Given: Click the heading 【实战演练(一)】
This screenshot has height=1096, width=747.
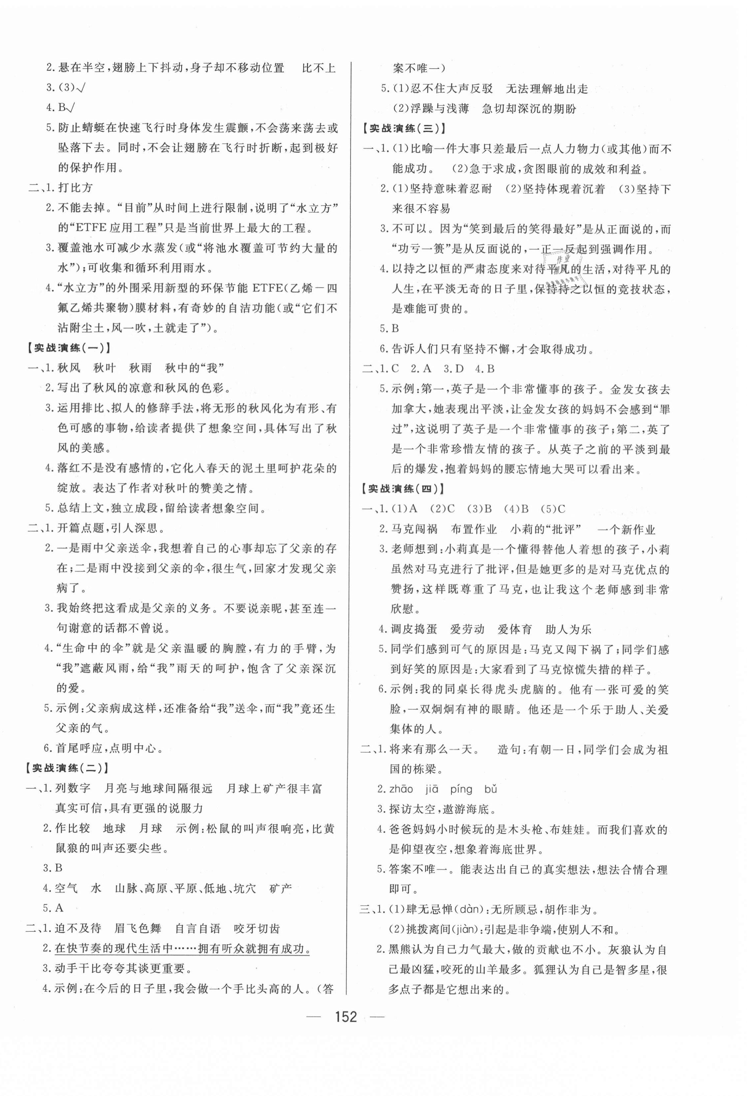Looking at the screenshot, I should click(x=69, y=348).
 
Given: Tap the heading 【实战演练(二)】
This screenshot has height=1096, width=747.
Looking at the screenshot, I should click(x=69, y=767).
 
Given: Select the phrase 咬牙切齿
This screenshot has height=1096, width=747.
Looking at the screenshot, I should click(x=257, y=929).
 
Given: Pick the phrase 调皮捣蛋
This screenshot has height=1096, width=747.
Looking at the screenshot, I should click(x=414, y=629).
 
